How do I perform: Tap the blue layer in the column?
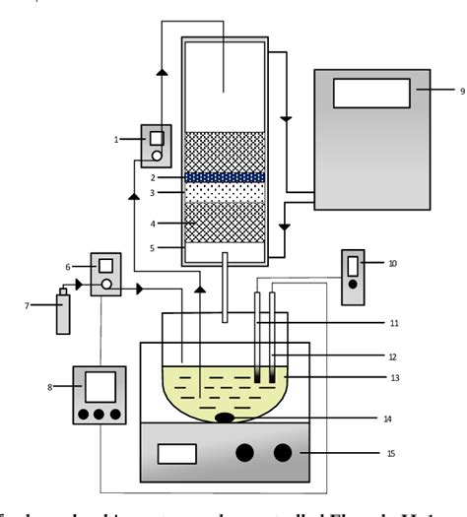point(225,177)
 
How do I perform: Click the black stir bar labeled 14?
point(226,418)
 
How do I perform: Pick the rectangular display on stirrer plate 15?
point(176,454)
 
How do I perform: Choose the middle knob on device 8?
point(100,414)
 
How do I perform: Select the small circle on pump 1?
point(156,156)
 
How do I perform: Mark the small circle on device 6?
point(107,287)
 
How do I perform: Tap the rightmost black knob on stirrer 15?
point(284,453)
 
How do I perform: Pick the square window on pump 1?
point(156,138)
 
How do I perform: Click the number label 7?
point(28,305)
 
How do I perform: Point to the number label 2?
point(154,177)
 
